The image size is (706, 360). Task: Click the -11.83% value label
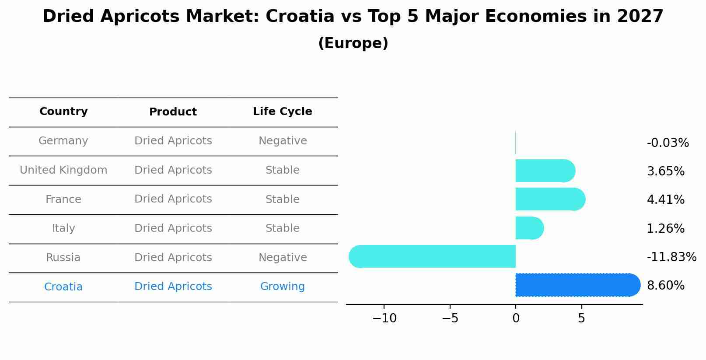pos(671,257)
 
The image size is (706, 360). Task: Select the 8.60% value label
pos(665,286)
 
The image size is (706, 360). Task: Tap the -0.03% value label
pos(668,143)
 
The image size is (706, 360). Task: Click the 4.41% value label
pos(665,200)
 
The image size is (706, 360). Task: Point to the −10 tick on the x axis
pos(384,318)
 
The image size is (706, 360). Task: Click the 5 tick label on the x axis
pos(581,318)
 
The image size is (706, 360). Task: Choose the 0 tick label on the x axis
pos(516,318)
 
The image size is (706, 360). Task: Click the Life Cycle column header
pos(282,112)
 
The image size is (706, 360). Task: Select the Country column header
pos(63,112)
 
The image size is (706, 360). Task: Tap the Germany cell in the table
pos(63,141)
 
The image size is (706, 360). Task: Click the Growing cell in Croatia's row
pos(282,287)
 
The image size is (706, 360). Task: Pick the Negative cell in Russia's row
pos(282,258)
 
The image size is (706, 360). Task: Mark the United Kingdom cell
pos(63,170)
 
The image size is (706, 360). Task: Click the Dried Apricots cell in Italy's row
pos(173,228)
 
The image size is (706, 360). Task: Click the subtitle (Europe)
pos(353,43)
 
